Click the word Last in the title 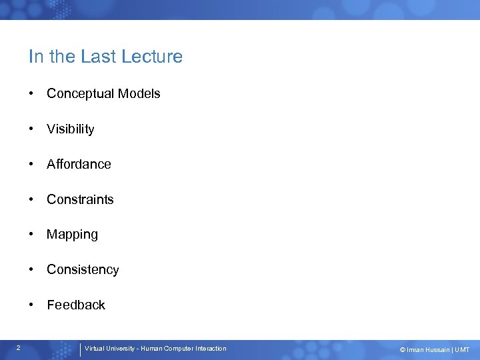point(95,57)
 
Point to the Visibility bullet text point(70,129)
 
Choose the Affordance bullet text point(79,164)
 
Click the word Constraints point(80,199)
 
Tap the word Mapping point(72,235)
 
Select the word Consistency point(83,270)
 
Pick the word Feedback point(75,305)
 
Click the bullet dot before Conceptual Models point(31,94)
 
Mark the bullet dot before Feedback point(31,305)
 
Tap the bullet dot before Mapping point(31,235)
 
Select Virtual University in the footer point(109,349)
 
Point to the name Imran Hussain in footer point(427,350)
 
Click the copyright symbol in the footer point(402,350)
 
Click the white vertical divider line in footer point(80,349)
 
